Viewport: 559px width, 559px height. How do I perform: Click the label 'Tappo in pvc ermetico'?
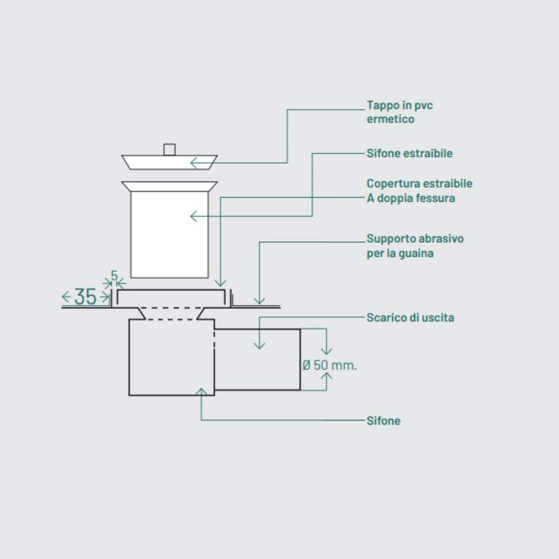click(399, 112)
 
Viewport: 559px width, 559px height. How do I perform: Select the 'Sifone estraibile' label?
click(409, 154)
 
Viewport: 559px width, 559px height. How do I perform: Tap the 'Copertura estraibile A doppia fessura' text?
click(419, 191)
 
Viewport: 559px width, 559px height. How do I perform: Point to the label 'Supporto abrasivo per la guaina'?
click(415, 246)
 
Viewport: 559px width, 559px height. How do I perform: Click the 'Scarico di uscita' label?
click(410, 318)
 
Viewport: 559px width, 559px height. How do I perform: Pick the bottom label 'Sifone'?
click(383, 421)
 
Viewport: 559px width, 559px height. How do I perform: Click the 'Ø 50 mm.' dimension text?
click(330, 366)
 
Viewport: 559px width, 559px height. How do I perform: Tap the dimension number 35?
click(85, 297)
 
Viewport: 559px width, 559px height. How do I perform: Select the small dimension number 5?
click(114, 275)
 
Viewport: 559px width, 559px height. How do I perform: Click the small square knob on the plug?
click(169, 150)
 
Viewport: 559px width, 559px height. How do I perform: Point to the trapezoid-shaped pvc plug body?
click(169, 162)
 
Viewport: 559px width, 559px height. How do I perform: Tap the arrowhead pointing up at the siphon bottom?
click(201, 391)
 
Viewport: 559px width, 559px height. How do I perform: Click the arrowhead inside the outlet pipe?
click(260, 345)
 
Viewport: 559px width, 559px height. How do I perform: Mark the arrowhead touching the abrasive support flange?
click(259, 301)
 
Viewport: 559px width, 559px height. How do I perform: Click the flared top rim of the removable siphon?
click(169, 187)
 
